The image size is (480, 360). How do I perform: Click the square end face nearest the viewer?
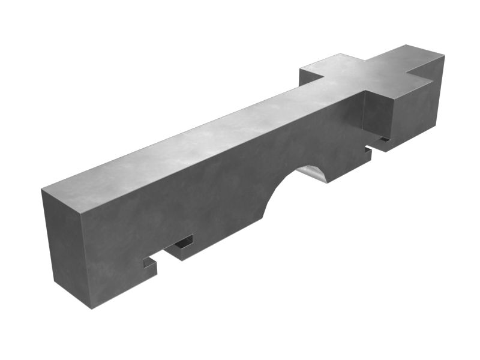coord(66,246)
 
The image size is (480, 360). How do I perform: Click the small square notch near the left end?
coord(150,262)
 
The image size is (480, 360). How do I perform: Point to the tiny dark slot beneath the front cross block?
coord(382,141)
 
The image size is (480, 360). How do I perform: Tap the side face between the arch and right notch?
coord(348,162)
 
